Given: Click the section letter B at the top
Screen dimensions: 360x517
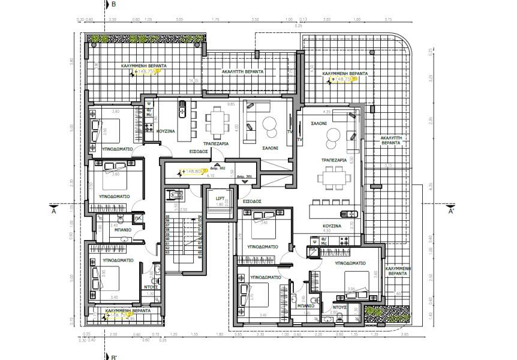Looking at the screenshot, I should point(114,4).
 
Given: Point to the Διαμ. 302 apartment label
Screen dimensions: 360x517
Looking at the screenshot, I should point(218,169).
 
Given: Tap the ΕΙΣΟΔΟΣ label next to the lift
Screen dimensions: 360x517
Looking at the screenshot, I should point(252,202).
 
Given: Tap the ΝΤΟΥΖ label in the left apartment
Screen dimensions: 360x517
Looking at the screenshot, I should point(150,287).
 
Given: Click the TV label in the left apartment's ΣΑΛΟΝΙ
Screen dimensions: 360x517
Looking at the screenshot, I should point(290,131).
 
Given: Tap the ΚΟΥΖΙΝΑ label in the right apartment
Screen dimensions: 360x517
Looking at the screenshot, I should point(332,226).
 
